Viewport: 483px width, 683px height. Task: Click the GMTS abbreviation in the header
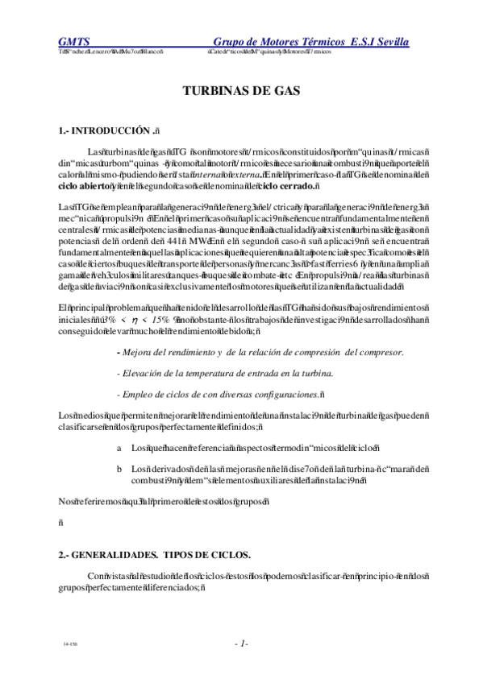(73, 41)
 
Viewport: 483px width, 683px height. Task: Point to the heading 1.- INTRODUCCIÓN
(106, 130)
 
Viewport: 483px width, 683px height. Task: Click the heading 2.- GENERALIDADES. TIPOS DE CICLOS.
(154, 555)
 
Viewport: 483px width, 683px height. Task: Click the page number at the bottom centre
(241, 644)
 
